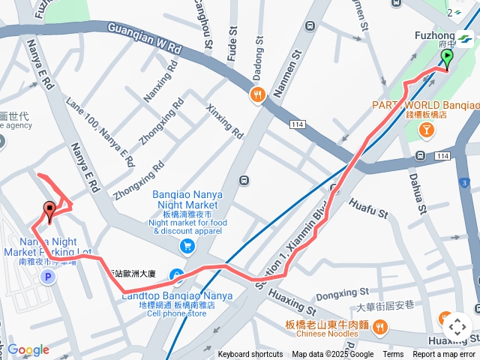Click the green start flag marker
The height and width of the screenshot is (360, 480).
[x=447, y=58]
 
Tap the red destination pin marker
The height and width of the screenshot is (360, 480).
[x=50, y=211]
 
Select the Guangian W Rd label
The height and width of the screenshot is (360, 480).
[x=145, y=38]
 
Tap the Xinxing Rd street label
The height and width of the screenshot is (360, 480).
[x=225, y=121]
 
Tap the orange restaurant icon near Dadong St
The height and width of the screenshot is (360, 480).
[x=258, y=95]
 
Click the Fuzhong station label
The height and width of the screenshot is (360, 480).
[x=433, y=35]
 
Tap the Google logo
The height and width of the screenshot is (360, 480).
[x=28, y=349]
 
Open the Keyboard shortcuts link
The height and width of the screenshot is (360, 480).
[x=250, y=355]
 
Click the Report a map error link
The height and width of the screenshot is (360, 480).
[x=444, y=355]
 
